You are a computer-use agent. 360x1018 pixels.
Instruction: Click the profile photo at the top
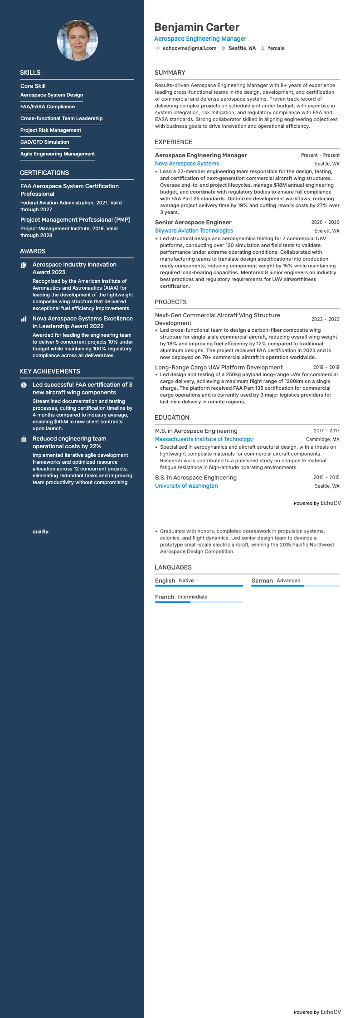77,40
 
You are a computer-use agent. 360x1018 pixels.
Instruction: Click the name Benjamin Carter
197,27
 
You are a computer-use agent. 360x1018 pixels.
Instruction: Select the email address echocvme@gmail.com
189,48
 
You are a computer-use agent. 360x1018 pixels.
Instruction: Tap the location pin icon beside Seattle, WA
223,48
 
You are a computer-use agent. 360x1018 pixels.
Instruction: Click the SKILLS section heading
30,73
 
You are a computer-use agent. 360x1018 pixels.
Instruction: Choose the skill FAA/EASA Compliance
48,107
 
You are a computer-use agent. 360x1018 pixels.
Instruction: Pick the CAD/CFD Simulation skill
45,142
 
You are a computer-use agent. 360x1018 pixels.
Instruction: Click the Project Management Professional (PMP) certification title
75,219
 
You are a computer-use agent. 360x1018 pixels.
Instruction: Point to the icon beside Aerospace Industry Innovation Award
24,265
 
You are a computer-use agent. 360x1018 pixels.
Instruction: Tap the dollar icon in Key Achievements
24,385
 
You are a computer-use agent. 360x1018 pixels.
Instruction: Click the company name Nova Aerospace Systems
187,164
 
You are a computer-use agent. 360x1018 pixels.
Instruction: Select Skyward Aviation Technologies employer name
194,231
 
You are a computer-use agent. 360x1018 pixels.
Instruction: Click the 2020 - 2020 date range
325,223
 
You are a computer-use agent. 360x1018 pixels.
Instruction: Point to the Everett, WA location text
326,231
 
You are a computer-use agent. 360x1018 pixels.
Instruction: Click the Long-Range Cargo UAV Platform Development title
219,367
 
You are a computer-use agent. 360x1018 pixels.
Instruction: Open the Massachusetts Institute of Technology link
204,439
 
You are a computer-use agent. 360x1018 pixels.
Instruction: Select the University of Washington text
186,486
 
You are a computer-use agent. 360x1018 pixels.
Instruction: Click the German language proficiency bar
295,586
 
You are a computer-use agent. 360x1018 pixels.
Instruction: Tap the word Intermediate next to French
192,597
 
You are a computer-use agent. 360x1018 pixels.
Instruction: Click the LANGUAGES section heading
173,567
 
